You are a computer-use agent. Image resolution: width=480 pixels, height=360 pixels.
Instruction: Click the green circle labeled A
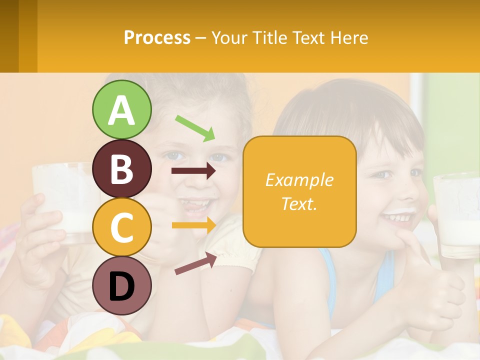[x=121, y=109]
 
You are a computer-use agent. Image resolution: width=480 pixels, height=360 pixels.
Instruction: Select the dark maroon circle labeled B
[x=121, y=168]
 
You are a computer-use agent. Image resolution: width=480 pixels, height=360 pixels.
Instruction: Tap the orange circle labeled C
[x=121, y=227]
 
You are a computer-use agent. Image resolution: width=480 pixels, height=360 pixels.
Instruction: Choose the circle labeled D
[x=121, y=285]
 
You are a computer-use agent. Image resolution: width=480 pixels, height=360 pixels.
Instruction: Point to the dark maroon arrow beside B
[x=193, y=171]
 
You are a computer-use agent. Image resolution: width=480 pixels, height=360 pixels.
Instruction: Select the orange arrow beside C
[x=194, y=225]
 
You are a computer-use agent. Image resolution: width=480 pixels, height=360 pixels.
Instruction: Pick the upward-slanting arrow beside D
[x=195, y=263]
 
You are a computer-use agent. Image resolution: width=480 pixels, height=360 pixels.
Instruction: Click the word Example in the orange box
[x=299, y=180]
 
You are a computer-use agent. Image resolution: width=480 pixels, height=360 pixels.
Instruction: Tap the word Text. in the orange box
[x=299, y=203]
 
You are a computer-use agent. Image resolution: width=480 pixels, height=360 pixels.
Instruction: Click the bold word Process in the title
[x=157, y=37]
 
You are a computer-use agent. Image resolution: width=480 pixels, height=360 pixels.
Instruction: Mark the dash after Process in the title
[x=200, y=38]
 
